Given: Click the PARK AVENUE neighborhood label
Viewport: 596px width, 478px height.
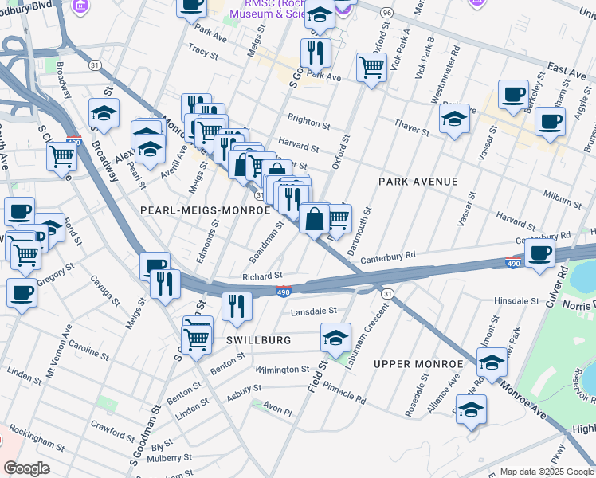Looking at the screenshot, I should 418,182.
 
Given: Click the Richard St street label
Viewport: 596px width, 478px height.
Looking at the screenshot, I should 257,276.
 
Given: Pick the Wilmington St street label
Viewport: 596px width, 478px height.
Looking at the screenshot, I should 282,370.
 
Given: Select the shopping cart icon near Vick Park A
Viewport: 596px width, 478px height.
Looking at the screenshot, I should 371,67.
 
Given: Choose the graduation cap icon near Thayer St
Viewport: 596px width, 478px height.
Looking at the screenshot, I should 454,119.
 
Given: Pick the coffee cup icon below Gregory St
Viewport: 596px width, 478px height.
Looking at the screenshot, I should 22,292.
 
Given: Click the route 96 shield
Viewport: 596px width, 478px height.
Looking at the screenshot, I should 387,14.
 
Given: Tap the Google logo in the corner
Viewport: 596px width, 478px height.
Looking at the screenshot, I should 27,468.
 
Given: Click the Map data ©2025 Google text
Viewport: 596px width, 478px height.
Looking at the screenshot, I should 546,472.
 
